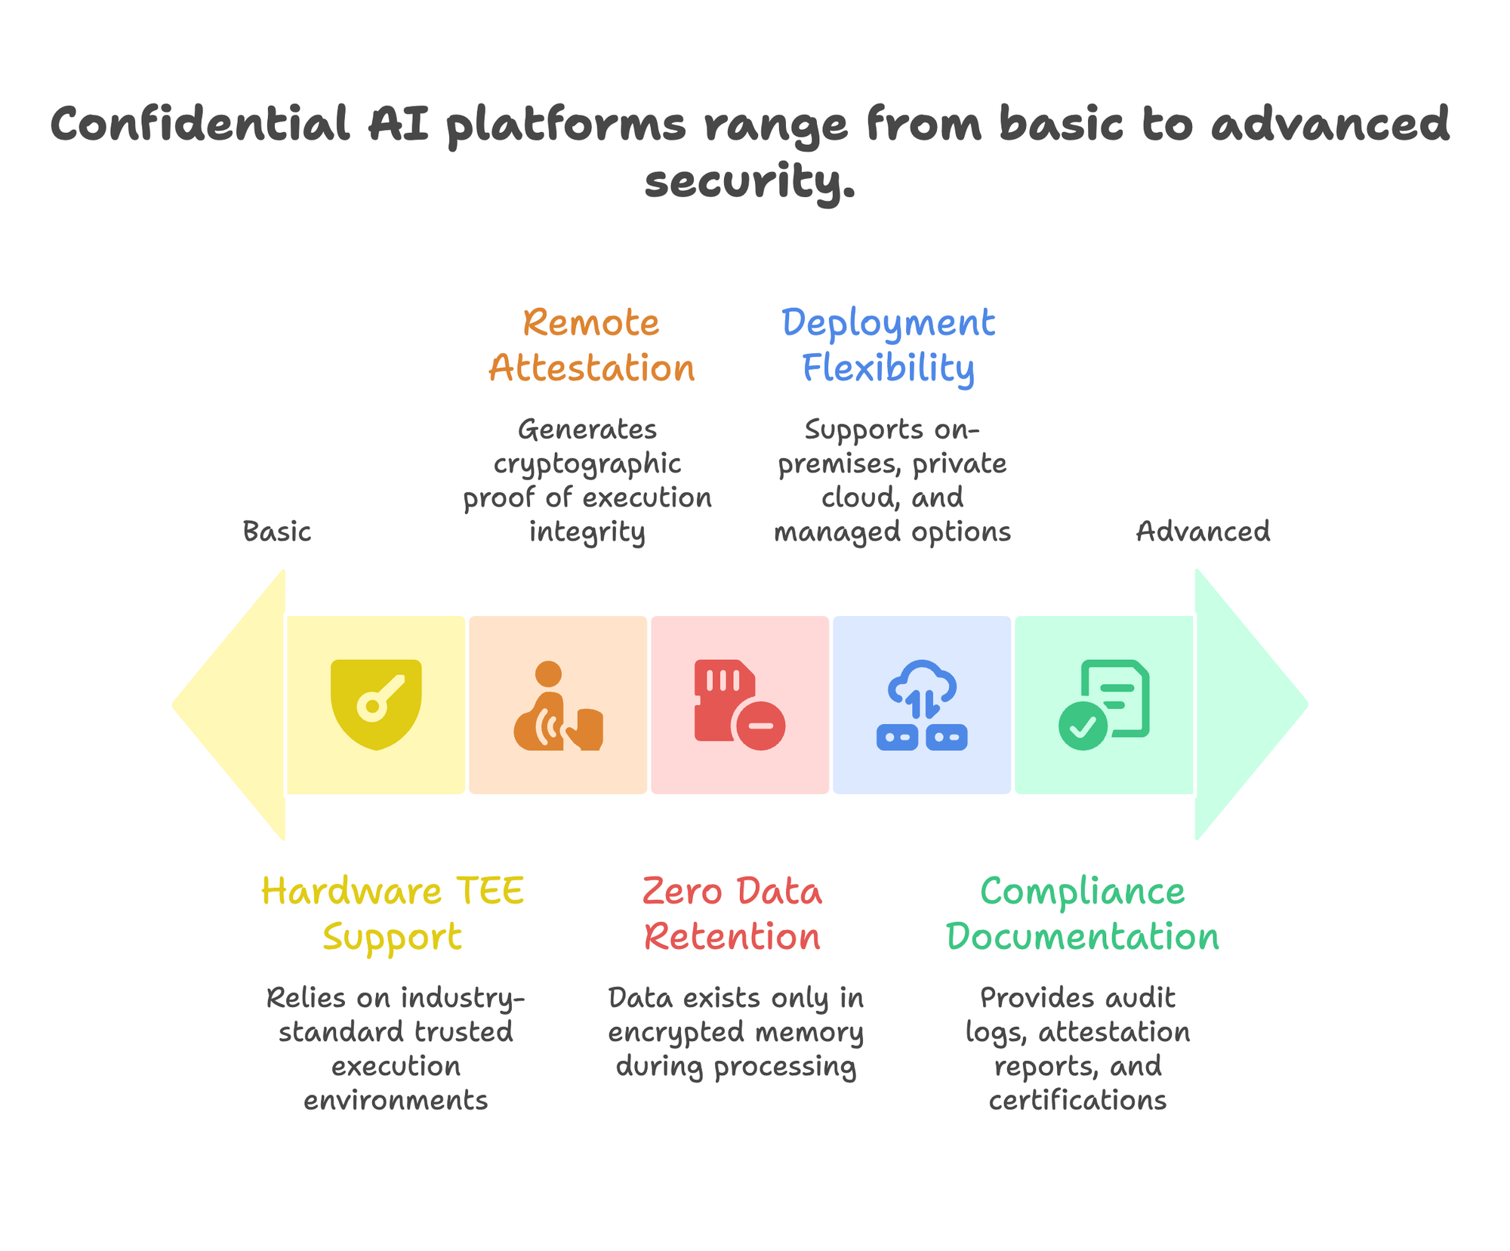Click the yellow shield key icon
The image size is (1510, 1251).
click(x=376, y=704)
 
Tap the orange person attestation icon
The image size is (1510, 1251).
click(x=558, y=705)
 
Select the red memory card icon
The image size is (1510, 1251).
click(x=739, y=705)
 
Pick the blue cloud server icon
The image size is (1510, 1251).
click(x=922, y=705)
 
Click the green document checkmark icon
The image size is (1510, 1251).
click(x=1104, y=705)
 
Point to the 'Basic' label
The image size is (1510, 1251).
click(x=277, y=532)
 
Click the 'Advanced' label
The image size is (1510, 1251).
click(x=1203, y=532)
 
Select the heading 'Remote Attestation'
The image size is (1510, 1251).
click(x=591, y=345)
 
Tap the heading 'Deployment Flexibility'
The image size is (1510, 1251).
click(x=889, y=345)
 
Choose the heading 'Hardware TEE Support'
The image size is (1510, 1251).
click(x=393, y=914)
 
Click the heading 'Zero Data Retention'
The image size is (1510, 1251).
click(x=732, y=914)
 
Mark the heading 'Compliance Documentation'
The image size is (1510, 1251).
click(x=1083, y=914)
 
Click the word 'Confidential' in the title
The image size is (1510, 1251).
click(x=200, y=125)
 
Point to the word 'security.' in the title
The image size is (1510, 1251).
click(x=750, y=182)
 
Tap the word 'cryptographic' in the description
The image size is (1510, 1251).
click(x=587, y=464)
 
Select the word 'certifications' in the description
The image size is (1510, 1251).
click(x=1077, y=1100)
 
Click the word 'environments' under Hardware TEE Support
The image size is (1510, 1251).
click(x=396, y=1100)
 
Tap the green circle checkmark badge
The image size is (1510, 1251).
click(x=1083, y=726)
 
